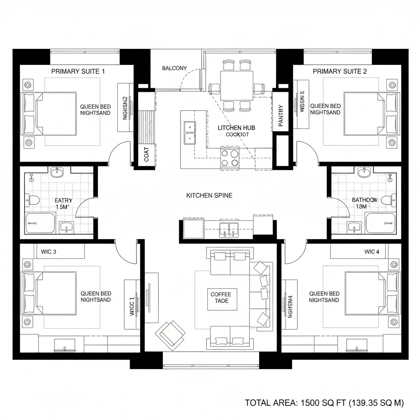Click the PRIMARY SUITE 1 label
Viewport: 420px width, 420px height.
tap(78, 71)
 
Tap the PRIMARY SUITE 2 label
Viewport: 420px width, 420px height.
tap(340, 71)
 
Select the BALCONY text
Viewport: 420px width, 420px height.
tap(174, 68)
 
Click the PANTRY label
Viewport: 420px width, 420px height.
tap(281, 116)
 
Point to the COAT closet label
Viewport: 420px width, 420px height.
tap(147, 155)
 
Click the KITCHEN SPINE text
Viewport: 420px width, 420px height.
tap(209, 195)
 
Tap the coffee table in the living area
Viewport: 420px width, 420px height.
tap(221, 297)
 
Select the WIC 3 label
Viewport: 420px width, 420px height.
tap(49, 251)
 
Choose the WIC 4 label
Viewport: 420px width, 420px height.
tap(372, 251)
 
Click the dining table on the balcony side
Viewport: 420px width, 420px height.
tap(237, 85)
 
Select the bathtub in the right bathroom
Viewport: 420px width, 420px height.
tap(381, 223)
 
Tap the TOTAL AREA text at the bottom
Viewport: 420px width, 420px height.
tap(324, 403)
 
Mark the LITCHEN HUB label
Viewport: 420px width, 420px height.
tap(236, 128)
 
